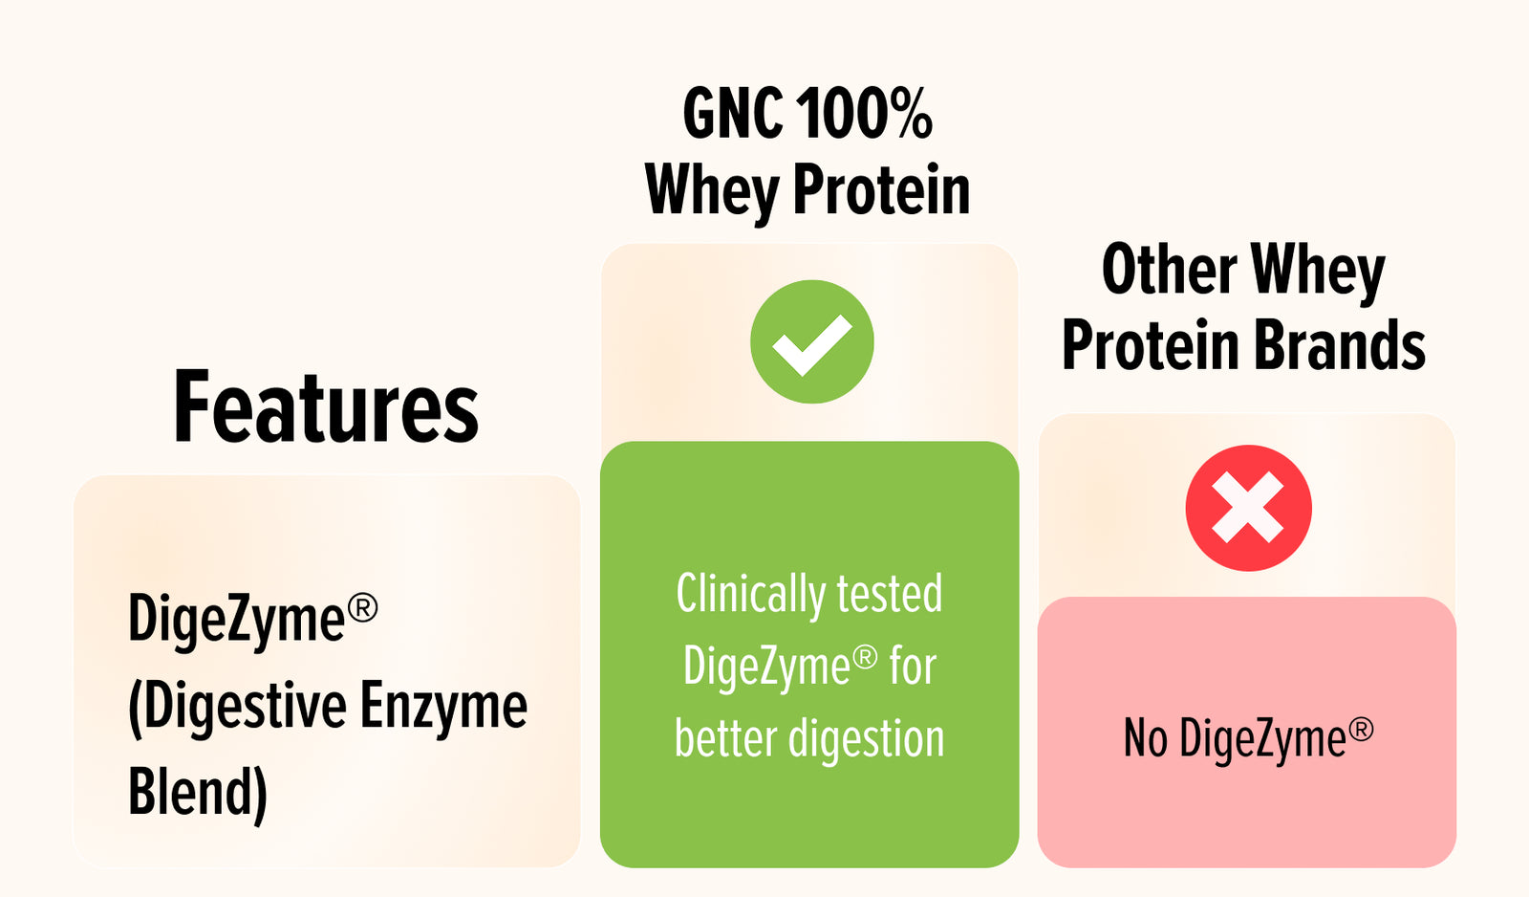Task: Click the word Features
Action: click(326, 406)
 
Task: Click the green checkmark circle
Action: click(811, 341)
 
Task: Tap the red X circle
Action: click(1248, 508)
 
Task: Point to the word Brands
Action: click(1340, 345)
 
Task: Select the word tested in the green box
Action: click(890, 594)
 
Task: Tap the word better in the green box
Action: click(725, 738)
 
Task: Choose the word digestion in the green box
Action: click(866, 740)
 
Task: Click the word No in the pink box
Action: click(1146, 738)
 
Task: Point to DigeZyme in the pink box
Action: click(1262, 739)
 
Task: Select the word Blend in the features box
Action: click(190, 792)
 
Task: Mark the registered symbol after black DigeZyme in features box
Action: click(362, 607)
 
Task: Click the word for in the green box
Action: click(913, 666)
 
